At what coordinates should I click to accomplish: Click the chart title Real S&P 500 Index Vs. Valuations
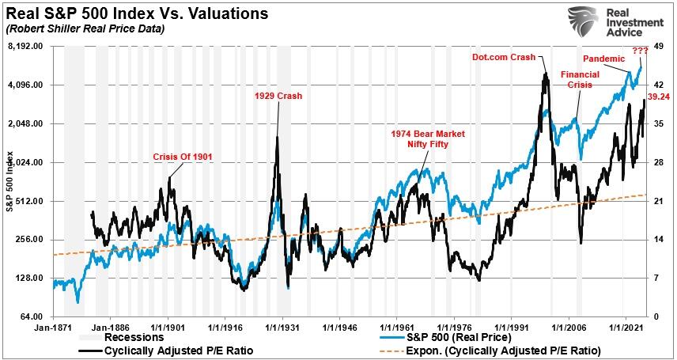(135, 14)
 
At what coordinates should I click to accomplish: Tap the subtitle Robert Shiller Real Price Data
(85, 29)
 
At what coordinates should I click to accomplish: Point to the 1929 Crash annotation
(278, 96)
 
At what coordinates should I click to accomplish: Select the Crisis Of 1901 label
(183, 157)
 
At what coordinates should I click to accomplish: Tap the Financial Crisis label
(580, 78)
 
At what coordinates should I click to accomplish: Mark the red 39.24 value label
(658, 97)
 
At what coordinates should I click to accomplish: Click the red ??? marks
(640, 51)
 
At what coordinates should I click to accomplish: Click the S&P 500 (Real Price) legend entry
(452, 336)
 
